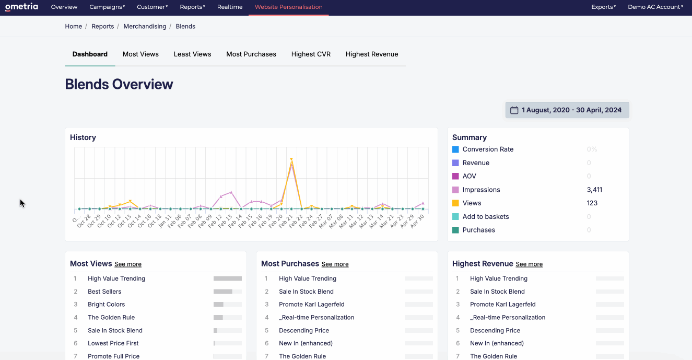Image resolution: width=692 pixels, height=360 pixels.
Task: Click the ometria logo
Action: point(21,7)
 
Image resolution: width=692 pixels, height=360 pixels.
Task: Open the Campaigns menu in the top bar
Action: point(107,7)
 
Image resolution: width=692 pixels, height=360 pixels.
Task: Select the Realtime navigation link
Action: point(229,7)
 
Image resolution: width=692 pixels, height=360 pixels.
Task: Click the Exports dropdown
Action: point(603,7)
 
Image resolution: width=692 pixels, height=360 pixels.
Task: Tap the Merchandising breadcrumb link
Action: point(145,26)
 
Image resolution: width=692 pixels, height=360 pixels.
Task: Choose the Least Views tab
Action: point(192,54)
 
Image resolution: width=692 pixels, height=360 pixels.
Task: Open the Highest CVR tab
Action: point(311,54)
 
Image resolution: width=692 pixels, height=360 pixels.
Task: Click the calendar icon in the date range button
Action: point(514,110)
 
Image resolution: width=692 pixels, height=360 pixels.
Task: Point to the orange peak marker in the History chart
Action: point(291,159)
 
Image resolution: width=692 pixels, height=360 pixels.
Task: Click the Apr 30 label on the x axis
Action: point(418,220)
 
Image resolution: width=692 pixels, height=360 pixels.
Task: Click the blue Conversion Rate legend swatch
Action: point(455,149)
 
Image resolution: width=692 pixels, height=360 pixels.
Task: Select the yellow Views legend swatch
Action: point(455,203)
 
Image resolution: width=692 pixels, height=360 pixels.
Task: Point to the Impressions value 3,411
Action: point(594,190)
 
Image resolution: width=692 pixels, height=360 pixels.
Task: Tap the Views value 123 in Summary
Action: point(592,203)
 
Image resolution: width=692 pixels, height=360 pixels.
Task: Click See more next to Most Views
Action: point(128,264)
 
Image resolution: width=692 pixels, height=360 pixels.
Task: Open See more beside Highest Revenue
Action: point(529,264)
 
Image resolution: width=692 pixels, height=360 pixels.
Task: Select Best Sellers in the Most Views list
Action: point(104,292)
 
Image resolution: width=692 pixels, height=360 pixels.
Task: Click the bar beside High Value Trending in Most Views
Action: point(227,278)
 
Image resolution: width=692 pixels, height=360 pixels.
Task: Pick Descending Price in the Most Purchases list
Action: point(303,330)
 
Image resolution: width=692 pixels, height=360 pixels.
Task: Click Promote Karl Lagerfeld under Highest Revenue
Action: point(502,305)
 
